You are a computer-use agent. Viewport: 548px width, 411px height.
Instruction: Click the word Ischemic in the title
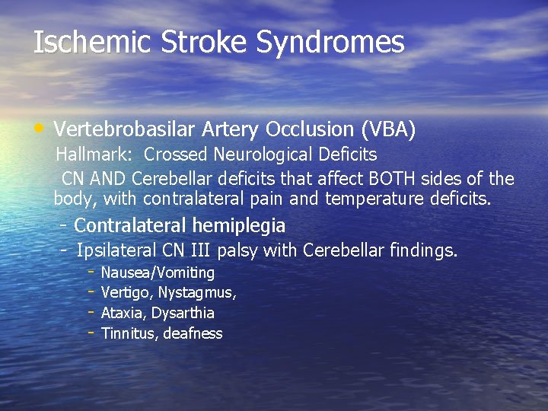point(92,43)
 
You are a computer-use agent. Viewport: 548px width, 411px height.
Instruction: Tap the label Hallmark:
point(94,155)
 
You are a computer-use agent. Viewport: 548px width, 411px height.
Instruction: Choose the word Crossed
point(175,155)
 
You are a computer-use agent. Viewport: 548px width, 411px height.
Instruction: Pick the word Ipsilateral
point(117,250)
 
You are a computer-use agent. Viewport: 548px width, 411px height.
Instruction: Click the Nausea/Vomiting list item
point(158,272)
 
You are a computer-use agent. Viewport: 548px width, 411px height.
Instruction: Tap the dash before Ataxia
point(90,311)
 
